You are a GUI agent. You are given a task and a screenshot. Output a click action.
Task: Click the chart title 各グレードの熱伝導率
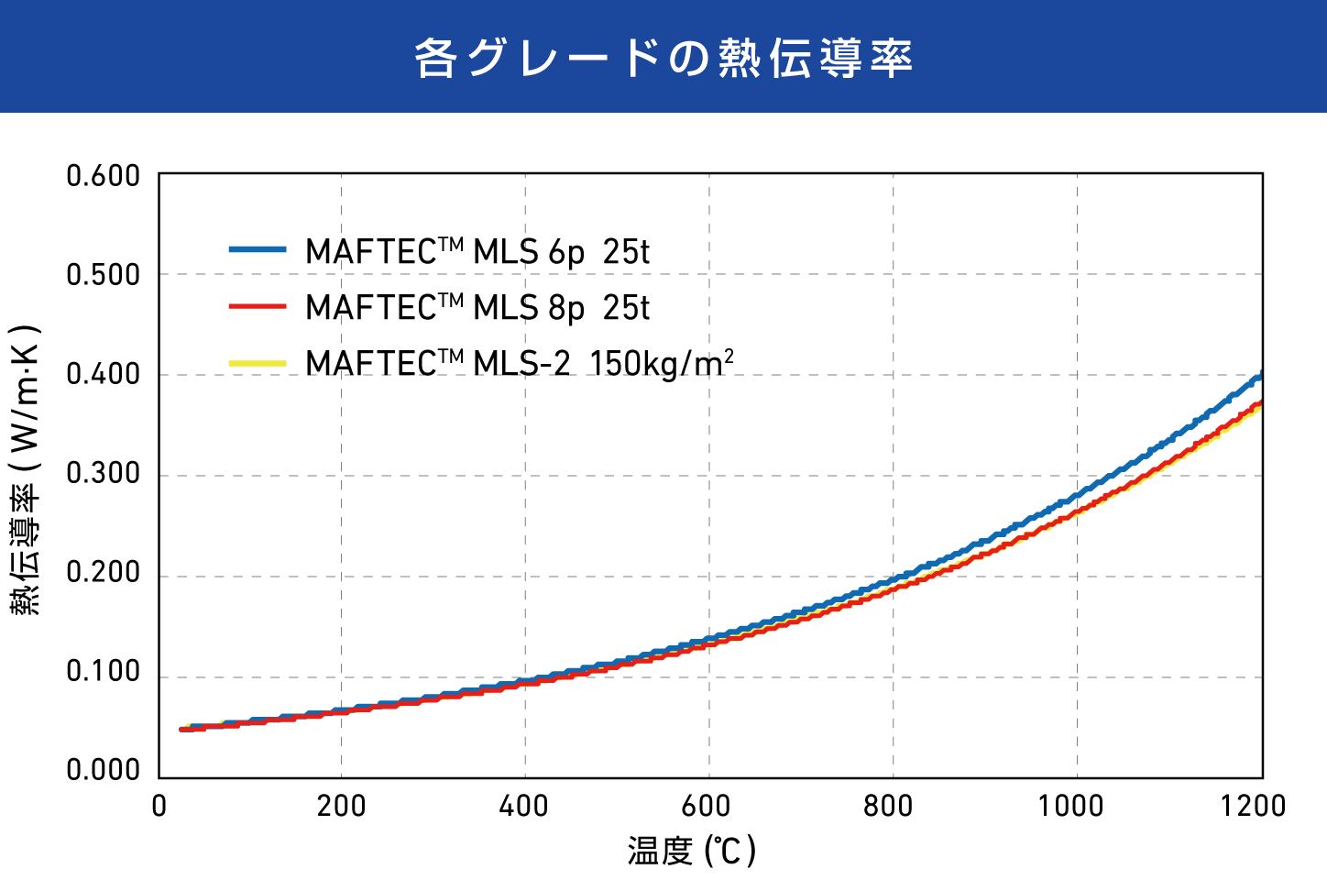pyautogui.click(x=663, y=58)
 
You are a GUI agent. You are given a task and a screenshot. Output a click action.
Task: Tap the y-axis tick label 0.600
pyautogui.click(x=104, y=176)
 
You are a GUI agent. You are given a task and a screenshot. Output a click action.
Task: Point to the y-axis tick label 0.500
pyautogui.click(x=104, y=275)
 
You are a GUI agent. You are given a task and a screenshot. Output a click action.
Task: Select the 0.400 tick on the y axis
pyautogui.click(x=104, y=375)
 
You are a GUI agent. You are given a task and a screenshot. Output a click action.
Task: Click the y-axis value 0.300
pyautogui.click(x=104, y=474)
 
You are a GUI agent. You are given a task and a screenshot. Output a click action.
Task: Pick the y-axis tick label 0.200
pyautogui.click(x=104, y=573)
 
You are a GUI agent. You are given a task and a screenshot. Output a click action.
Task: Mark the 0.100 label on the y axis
pyautogui.click(x=104, y=672)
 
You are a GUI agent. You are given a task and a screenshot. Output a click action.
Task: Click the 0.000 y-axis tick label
pyautogui.click(x=104, y=771)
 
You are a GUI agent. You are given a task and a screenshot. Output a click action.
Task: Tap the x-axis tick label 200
pyautogui.click(x=341, y=807)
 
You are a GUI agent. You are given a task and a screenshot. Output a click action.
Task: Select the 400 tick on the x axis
pyautogui.click(x=524, y=807)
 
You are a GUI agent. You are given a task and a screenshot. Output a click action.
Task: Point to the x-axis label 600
pyautogui.click(x=707, y=807)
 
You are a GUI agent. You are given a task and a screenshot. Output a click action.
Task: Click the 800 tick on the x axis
pyautogui.click(x=889, y=807)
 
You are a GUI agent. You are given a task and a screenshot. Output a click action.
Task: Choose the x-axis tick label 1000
pyautogui.click(x=1070, y=807)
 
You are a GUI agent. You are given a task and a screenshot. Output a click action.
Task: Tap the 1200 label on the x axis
pyautogui.click(x=1253, y=807)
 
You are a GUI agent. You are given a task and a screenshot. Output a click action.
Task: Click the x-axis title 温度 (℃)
pyautogui.click(x=692, y=851)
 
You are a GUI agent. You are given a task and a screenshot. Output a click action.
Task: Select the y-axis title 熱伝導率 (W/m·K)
pyautogui.click(x=27, y=469)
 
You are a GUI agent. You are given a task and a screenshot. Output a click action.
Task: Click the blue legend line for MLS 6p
pyautogui.click(x=258, y=249)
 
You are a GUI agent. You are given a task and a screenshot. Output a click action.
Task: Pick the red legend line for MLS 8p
pyautogui.click(x=258, y=306)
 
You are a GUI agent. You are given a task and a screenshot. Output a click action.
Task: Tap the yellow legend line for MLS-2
pyautogui.click(x=258, y=363)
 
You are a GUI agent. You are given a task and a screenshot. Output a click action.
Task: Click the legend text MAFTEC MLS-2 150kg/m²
pyautogui.click(x=519, y=363)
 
